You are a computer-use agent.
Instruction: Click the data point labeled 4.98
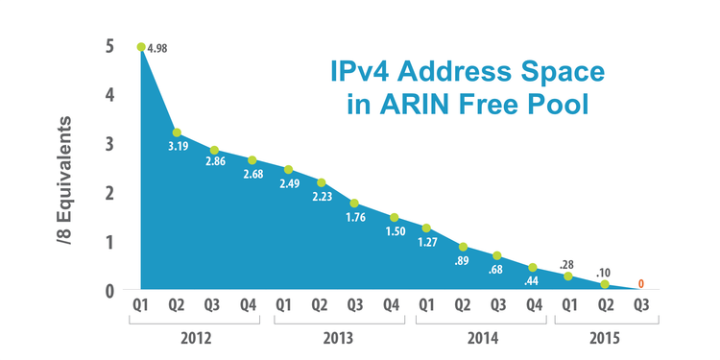click(141, 47)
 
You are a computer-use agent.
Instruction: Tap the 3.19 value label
click(178, 146)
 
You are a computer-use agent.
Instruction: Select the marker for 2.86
click(214, 150)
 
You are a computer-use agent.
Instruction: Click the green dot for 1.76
click(354, 203)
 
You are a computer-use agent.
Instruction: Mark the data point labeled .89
click(463, 247)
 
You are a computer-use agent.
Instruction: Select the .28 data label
click(567, 264)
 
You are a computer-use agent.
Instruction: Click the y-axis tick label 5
click(110, 46)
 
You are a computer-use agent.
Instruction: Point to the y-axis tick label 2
click(110, 193)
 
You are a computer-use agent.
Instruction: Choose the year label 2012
click(195, 338)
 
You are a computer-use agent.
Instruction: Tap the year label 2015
click(605, 338)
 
